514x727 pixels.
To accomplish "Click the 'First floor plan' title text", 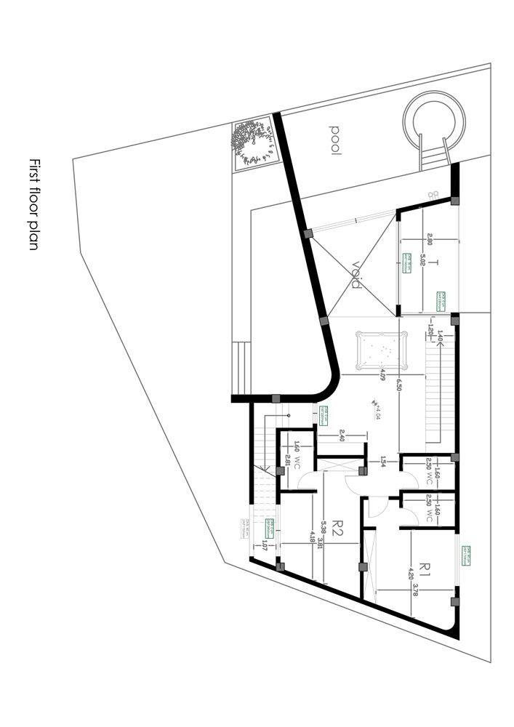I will coord(33,204).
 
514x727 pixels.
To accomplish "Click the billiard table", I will coord(380,351).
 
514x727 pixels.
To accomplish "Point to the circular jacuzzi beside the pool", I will coord(434,122).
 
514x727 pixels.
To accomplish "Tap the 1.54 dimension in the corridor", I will coord(382,461).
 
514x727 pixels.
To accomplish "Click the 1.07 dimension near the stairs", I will coord(265,541).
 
